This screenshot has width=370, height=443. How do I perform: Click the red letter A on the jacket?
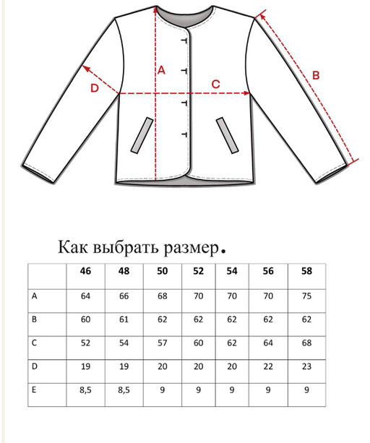(x=161, y=70)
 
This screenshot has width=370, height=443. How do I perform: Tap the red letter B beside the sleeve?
(x=316, y=74)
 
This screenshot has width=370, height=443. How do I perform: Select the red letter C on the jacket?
(x=215, y=84)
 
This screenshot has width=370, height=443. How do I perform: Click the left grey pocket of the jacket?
(x=141, y=135)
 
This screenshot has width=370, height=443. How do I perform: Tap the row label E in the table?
(x=35, y=390)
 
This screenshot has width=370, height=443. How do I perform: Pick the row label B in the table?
(x=35, y=319)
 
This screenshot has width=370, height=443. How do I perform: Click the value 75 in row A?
(x=307, y=295)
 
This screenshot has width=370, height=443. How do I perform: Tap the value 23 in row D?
(x=307, y=366)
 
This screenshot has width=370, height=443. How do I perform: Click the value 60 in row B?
(x=87, y=319)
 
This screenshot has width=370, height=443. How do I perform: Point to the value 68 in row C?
(x=307, y=343)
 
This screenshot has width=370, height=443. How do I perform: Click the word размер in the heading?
(x=189, y=247)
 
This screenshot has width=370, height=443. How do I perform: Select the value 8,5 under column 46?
(x=87, y=390)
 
